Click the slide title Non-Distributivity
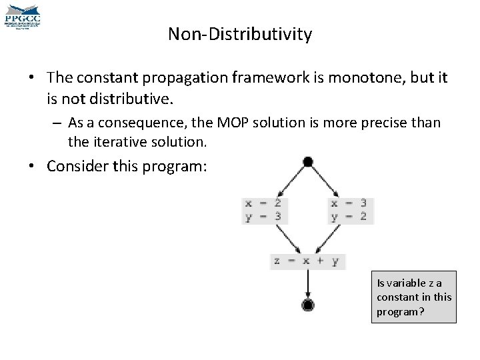239,34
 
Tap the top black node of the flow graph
307,162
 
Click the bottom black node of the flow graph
307,306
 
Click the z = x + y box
307,261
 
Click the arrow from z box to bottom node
307,283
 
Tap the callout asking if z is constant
413,297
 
